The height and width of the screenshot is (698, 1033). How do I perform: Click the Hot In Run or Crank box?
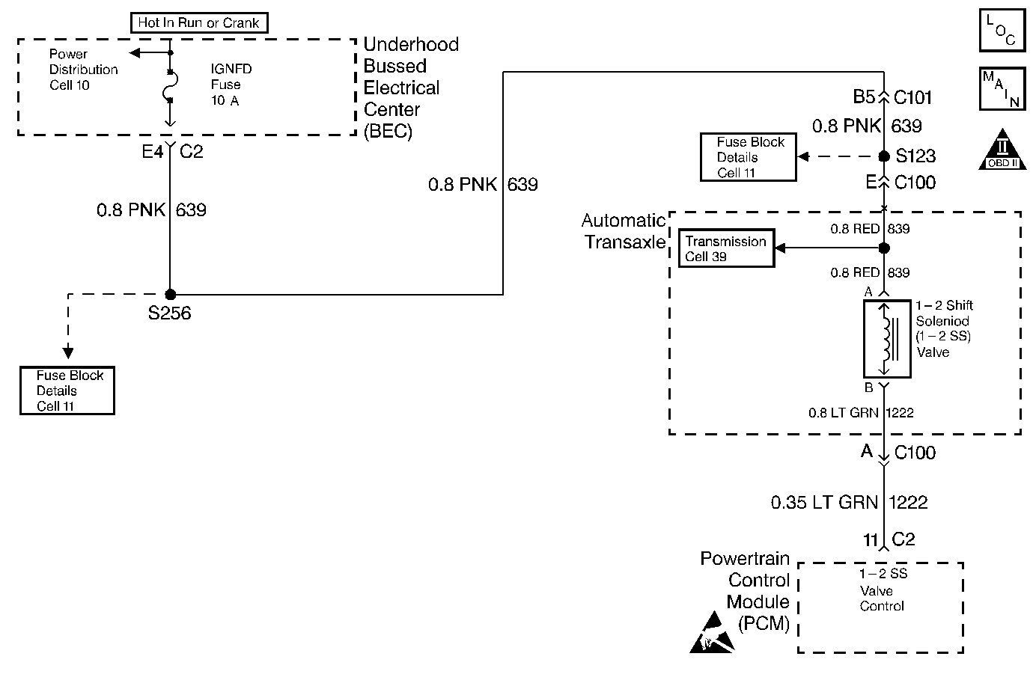[x=199, y=22]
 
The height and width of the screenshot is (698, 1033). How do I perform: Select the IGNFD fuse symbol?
[x=170, y=86]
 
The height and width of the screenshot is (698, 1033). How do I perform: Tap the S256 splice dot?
[x=170, y=294]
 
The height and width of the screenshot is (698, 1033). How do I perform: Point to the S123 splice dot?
[x=883, y=156]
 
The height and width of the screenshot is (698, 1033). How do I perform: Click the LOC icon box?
[x=1002, y=30]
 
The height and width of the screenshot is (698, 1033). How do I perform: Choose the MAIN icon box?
[x=1002, y=88]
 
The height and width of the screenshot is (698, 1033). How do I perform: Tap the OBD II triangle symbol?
[x=1002, y=150]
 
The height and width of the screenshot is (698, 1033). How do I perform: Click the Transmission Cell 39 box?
[x=726, y=248]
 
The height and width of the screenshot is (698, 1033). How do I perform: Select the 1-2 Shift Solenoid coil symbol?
[x=887, y=339]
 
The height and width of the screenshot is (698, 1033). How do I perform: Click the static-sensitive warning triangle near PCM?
[x=712, y=632]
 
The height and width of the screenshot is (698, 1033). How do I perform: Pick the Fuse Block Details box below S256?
[x=67, y=391]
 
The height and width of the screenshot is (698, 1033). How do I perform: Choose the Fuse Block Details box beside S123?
[x=748, y=157]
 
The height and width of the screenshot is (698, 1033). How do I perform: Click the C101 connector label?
[x=912, y=97]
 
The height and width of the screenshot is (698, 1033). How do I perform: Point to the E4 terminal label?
[x=152, y=151]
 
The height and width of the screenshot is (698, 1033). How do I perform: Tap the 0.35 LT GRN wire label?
[x=824, y=502]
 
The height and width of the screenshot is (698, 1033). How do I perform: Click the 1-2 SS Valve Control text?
[x=883, y=590]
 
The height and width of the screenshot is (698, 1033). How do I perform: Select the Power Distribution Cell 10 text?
[x=84, y=70]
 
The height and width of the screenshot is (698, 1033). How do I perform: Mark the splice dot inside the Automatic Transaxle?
[x=883, y=248]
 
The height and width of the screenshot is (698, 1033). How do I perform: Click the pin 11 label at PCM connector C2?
[x=871, y=539]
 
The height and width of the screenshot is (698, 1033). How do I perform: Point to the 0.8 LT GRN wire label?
[x=844, y=413]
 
